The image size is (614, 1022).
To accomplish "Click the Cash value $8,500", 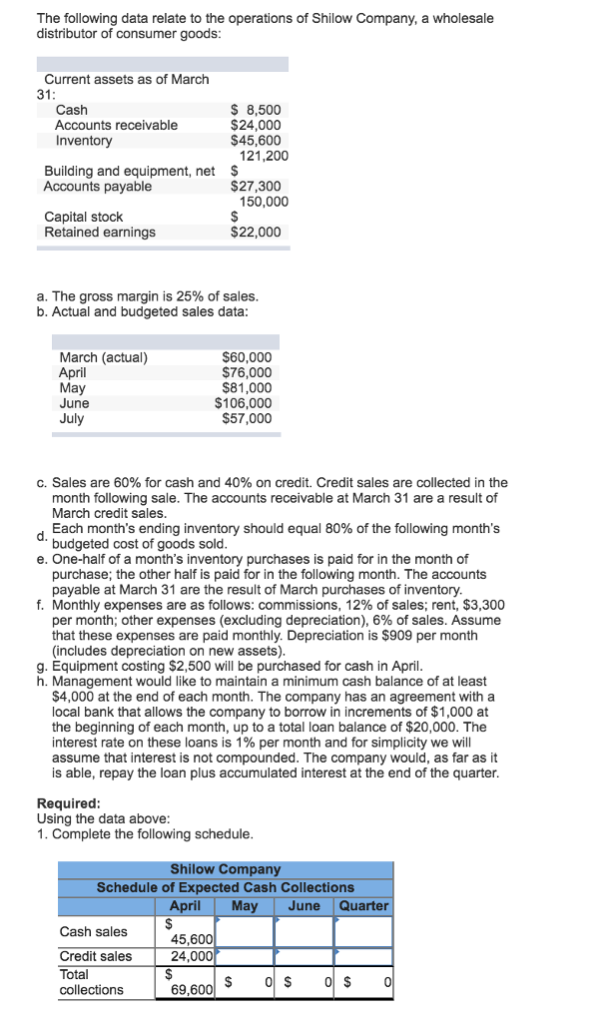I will [x=256, y=110].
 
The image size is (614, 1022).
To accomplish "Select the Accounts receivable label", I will [x=116, y=125].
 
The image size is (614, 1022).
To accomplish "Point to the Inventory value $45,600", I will [x=256, y=141].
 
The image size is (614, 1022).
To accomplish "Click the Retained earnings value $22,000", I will [x=256, y=233].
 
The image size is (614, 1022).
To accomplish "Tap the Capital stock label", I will [x=84, y=217].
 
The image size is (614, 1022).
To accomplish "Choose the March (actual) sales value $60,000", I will [x=246, y=357].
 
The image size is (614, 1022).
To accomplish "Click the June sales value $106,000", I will [x=243, y=403].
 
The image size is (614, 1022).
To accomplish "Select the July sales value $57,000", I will [x=246, y=418].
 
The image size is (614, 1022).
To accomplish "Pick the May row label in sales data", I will [x=73, y=388].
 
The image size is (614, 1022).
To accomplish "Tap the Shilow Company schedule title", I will [x=225, y=869].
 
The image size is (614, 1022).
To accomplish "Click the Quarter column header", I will [x=363, y=905].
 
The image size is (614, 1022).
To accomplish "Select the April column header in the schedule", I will [x=185, y=905].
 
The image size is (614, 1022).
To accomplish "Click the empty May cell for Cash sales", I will [x=245, y=931].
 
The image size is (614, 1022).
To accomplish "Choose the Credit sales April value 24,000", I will [x=192, y=956].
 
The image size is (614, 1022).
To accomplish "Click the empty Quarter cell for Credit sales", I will [x=363, y=956].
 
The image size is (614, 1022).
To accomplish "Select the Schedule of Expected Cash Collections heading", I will [x=225, y=887].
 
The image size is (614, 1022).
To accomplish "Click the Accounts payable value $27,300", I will [x=256, y=187].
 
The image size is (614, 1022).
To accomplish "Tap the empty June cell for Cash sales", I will [x=304, y=931].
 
